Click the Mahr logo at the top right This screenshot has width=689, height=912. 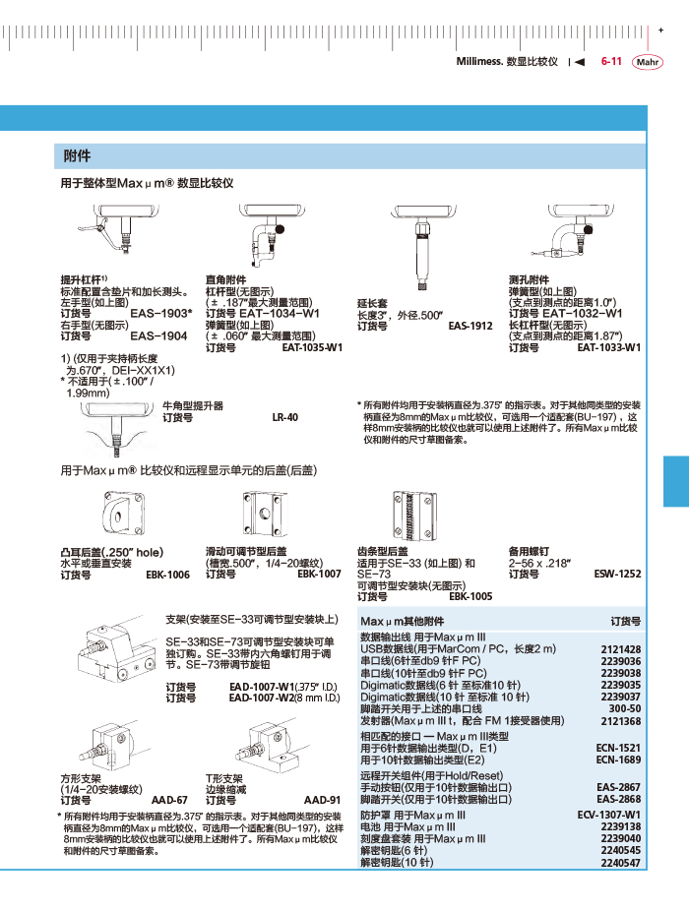click(649, 61)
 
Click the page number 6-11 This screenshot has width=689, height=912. click(610, 61)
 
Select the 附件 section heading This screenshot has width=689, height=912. click(77, 156)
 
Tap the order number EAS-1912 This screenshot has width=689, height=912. click(470, 325)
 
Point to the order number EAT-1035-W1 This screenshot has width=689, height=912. click(312, 347)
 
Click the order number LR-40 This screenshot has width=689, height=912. click(284, 417)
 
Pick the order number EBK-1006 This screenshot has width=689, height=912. click(167, 574)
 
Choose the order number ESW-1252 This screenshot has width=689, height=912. click(617, 574)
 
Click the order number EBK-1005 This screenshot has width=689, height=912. click(470, 596)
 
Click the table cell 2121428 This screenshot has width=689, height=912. click(620, 649)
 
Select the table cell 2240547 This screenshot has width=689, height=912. click(620, 863)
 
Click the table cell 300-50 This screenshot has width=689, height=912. click(624, 708)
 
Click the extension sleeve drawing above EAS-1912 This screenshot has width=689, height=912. click(419, 251)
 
